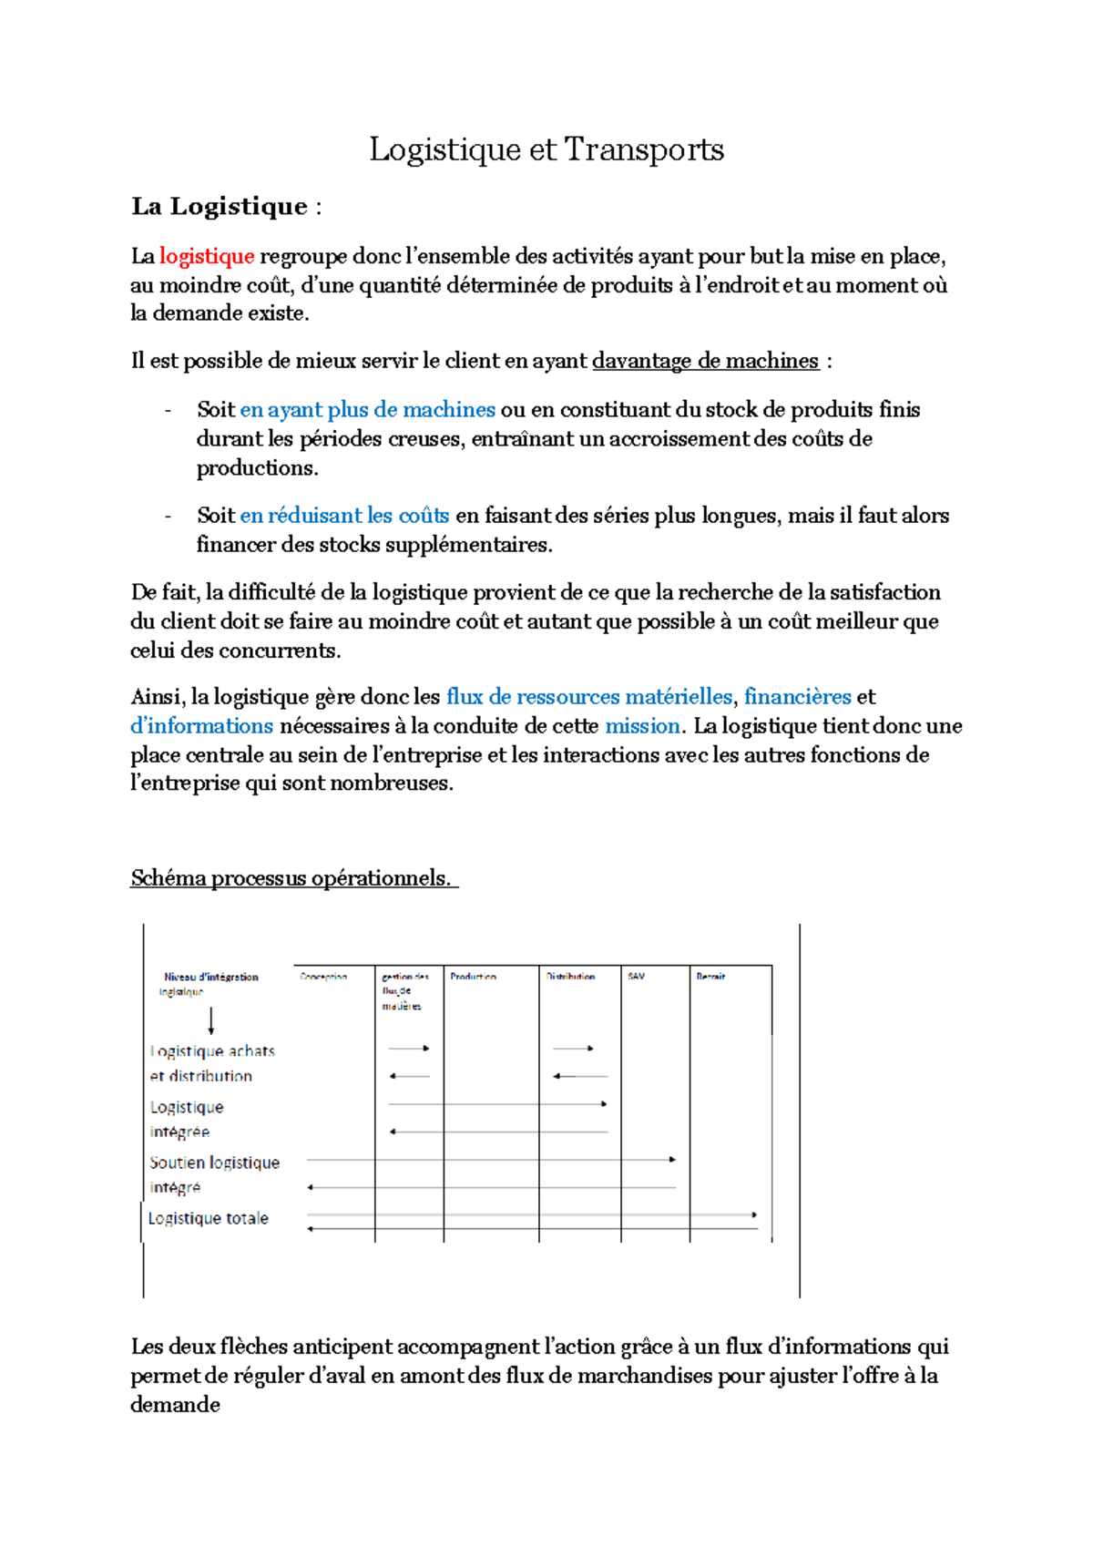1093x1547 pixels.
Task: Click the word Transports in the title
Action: tap(644, 149)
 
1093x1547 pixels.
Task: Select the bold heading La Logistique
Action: tap(220, 207)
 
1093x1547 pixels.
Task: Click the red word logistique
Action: tap(207, 256)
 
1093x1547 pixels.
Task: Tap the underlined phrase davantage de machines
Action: tap(705, 361)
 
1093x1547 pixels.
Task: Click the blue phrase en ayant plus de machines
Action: tap(367, 410)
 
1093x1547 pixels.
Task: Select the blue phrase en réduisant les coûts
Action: tap(344, 516)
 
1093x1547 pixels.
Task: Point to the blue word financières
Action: tap(797, 697)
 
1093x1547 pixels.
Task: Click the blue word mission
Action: tap(642, 726)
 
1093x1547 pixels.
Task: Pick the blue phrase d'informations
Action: tap(201, 726)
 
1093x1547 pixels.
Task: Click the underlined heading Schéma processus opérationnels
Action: tap(291, 878)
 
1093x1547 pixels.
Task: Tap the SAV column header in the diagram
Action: tap(636, 977)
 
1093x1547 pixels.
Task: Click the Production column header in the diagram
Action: tap(473, 977)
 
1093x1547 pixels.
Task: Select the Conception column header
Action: tap(323, 977)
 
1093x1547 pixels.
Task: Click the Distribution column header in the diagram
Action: tap(570, 977)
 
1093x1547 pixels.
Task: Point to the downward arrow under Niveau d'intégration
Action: tap(211, 1020)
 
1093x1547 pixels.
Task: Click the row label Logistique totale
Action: tap(209, 1219)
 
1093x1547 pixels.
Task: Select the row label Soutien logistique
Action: tap(215, 1163)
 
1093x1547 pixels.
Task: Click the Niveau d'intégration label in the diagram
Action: tap(211, 977)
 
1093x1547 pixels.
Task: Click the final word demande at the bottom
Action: tap(175, 1405)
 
